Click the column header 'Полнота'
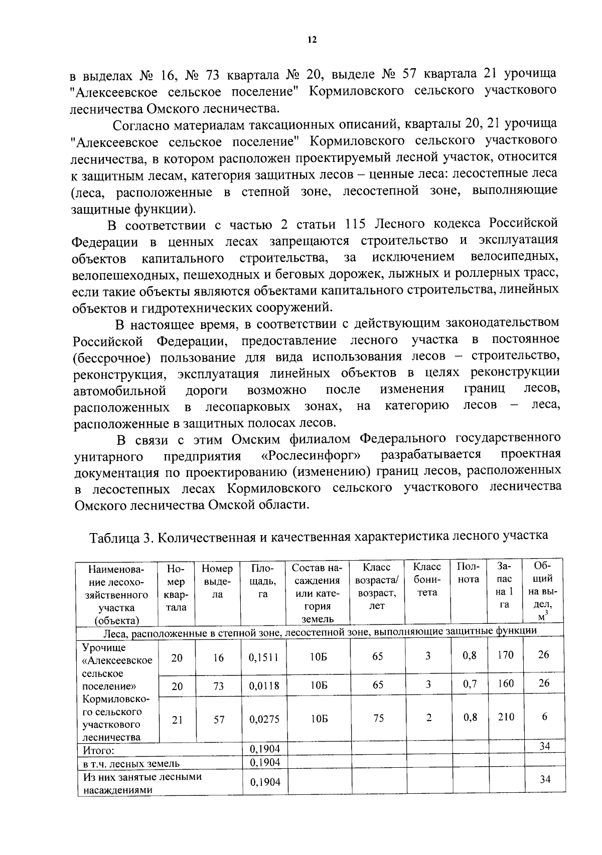click(468, 573)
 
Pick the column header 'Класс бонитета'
click(427, 580)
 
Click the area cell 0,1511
click(263, 657)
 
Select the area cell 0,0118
click(263, 686)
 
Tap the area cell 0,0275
click(263, 719)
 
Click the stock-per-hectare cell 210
click(506, 717)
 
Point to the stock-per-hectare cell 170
click(506, 655)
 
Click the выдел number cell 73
click(218, 686)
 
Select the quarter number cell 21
click(177, 719)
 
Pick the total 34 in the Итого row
click(544, 746)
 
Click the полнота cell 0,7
click(470, 684)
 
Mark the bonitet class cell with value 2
click(428, 718)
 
